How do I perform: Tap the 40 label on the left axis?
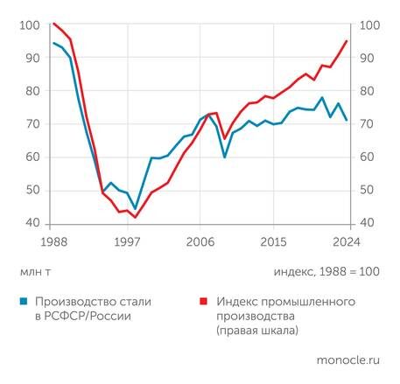30,224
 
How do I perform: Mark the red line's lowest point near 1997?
135,217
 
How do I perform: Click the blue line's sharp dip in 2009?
225,157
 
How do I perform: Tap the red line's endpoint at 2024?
347,41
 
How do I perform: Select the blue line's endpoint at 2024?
347,120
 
